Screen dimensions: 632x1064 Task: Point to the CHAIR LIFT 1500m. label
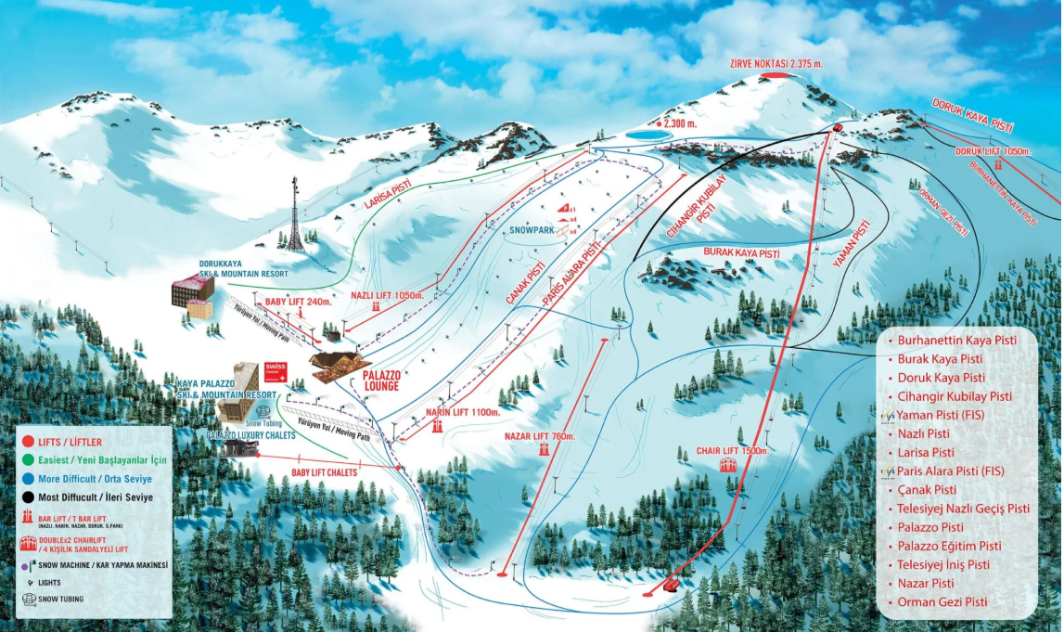(x=733, y=450)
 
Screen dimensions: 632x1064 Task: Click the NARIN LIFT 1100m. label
(x=463, y=411)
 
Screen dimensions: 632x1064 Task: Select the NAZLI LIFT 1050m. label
(x=388, y=295)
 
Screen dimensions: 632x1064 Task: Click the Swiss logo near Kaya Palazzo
(x=276, y=370)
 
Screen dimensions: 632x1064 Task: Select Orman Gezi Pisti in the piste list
(x=942, y=602)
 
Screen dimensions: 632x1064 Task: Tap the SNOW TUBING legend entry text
(x=60, y=600)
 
